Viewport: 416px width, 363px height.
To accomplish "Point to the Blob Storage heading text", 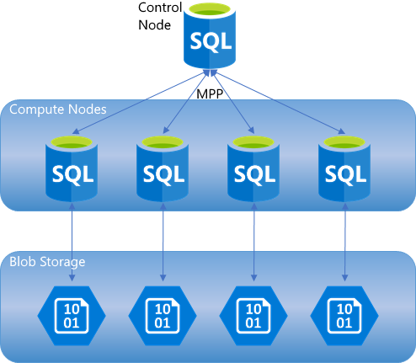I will (47, 261).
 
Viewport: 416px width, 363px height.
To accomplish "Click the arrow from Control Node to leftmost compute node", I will (135, 104).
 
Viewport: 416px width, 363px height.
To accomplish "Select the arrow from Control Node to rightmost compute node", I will (278, 104).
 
